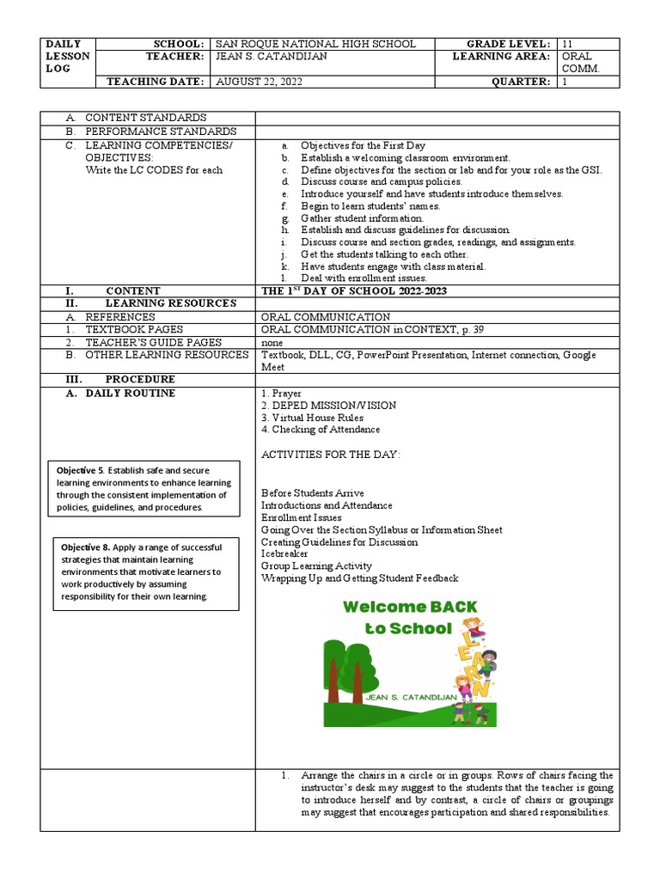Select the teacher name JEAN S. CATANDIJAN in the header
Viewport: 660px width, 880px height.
click(272, 57)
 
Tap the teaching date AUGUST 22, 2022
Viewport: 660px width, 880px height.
click(259, 82)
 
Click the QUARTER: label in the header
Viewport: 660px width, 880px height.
click(521, 82)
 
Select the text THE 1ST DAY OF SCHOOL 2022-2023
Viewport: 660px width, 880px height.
click(354, 291)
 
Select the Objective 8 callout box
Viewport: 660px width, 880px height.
click(144, 572)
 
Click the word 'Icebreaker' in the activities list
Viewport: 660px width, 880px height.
click(284, 554)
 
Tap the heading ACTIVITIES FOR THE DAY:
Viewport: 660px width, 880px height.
click(331, 454)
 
